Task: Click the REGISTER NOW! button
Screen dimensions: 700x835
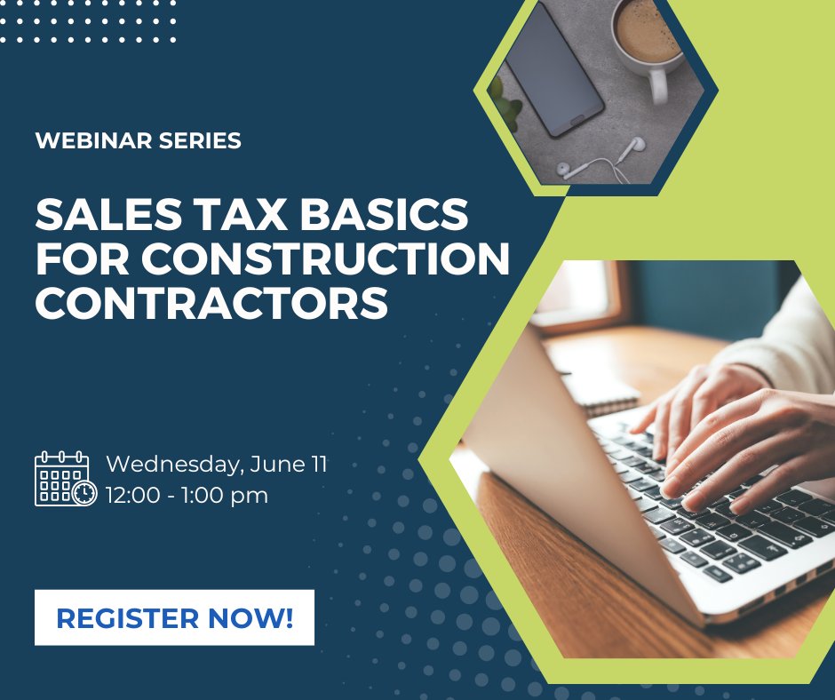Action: coord(174,617)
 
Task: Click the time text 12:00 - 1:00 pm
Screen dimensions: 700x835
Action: coord(187,496)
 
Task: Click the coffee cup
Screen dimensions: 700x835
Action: coord(647,36)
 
